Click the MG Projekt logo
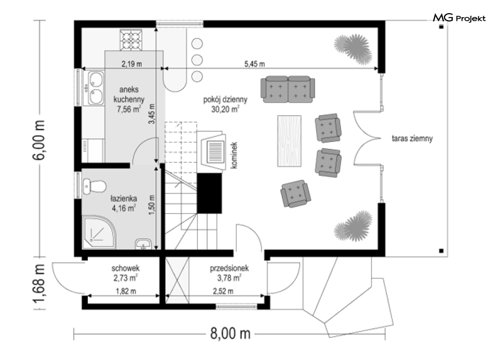[459, 18]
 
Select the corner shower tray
[98, 232]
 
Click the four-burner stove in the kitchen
[131, 40]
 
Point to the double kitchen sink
[95, 88]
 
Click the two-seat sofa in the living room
[288, 89]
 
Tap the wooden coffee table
[289, 141]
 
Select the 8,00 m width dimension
[230, 333]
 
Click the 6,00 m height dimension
[39, 140]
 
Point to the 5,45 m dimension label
[254, 64]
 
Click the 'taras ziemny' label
[412, 139]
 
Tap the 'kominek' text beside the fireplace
[234, 156]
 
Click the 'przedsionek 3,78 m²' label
[229, 273]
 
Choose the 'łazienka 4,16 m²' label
[124, 203]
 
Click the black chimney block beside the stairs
[209, 193]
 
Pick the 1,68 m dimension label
[39, 283]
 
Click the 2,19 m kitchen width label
[132, 64]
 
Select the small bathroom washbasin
[143, 244]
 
